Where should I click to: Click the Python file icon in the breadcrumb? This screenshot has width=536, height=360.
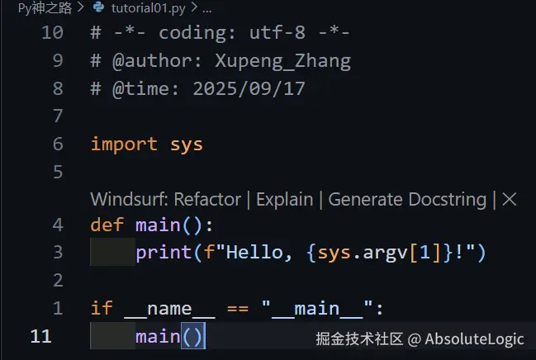[x=98, y=7]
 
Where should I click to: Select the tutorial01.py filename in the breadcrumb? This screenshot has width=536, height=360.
[x=149, y=8]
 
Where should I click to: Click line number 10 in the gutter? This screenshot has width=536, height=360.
[x=52, y=32]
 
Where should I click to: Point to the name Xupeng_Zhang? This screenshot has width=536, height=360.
[x=282, y=61]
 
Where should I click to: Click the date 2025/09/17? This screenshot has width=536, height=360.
[x=249, y=89]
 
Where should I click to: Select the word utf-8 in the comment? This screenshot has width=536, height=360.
[x=277, y=33]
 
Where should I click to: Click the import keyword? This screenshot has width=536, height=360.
[x=124, y=144]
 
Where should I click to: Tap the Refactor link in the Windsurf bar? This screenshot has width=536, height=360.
[x=207, y=199]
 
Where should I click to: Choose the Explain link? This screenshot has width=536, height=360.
[x=284, y=199]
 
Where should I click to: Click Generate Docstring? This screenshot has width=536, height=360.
[x=407, y=199]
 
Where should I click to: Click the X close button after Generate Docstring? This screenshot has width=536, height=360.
[x=510, y=199]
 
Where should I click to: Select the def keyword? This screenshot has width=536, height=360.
[x=107, y=225]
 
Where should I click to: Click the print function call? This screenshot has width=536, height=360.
[x=164, y=253]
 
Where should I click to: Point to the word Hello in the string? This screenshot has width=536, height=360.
[x=254, y=253]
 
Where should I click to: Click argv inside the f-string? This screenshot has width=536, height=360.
[x=385, y=253]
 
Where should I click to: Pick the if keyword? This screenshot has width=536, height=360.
[x=102, y=308]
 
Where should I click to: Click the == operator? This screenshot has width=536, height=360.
[x=238, y=309]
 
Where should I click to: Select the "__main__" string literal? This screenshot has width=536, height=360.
[x=317, y=308]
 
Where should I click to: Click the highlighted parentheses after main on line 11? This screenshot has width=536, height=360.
[x=193, y=336]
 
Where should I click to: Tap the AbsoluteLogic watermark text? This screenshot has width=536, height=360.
[x=474, y=339]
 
